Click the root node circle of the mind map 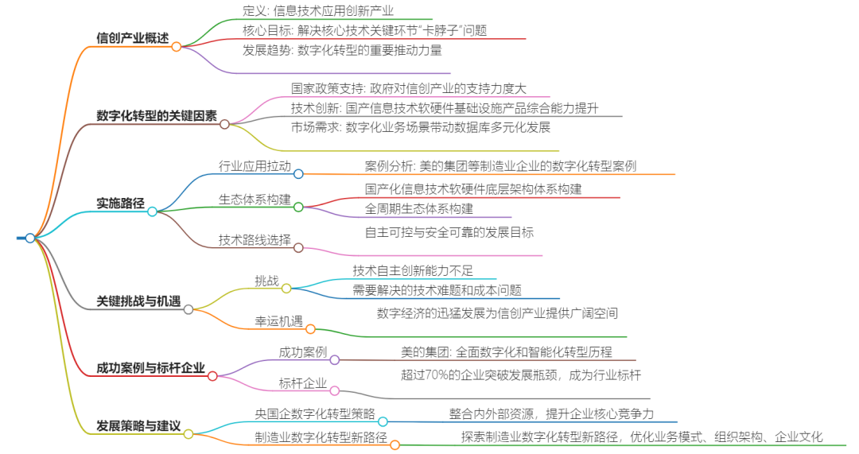click(x=30, y=238)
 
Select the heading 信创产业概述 click(x=132, y=38)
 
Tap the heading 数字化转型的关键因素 click(x=156, y=115)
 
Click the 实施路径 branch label click(x=120, y=204)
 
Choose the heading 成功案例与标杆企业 click(x=150, y=368)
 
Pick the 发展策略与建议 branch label click(x=138, y=425)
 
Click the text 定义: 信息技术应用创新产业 click(x=318, y=11)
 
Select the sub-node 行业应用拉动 click(x=255, y=166)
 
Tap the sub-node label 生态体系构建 click(x=255, y=200)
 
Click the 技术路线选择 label click(x=255, y=239)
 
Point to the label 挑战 click(x=266, y=281)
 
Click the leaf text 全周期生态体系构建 click(x=418, y=209)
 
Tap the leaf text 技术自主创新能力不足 click(x=413, y=271)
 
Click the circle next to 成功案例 click(x=335, y=360)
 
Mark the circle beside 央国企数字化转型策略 click(x=383, y=421)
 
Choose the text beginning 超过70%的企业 click(x=520, y=375)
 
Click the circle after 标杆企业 click(x=335, y=390)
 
